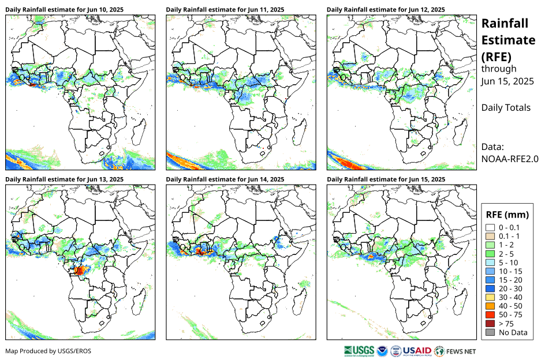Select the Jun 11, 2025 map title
(225, 10)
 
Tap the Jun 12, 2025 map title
(386, 10)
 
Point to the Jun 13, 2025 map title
(65, 179)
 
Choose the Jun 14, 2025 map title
(225, 179)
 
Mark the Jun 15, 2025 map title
(386, 179)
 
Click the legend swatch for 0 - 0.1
(491, 228)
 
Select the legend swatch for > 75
(491, 323)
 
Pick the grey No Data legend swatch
(491, 332)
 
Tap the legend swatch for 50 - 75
(491, 314)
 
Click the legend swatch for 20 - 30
(491, 288)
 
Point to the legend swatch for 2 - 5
(491, 254)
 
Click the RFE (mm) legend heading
(508, 215)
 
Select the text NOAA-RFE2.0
(509, 159)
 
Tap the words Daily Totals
(506, 107)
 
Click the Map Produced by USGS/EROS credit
(48, 351)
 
